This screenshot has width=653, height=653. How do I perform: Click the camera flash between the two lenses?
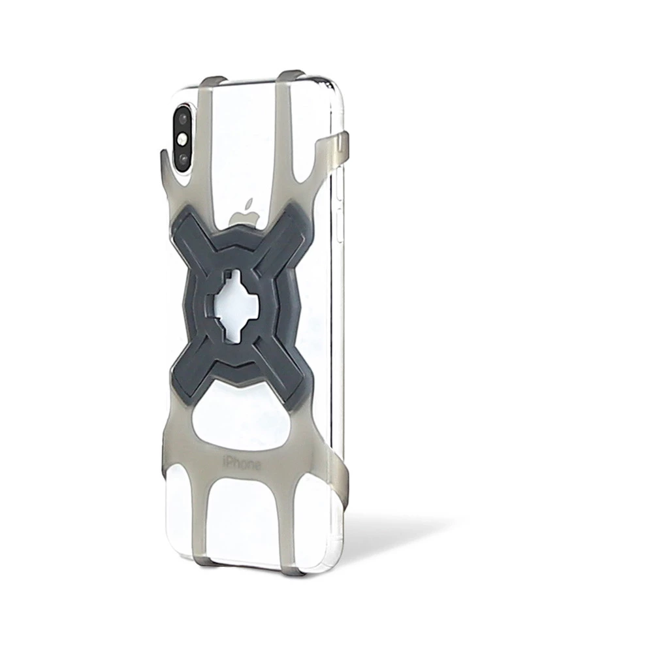(x=182, y=140)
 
